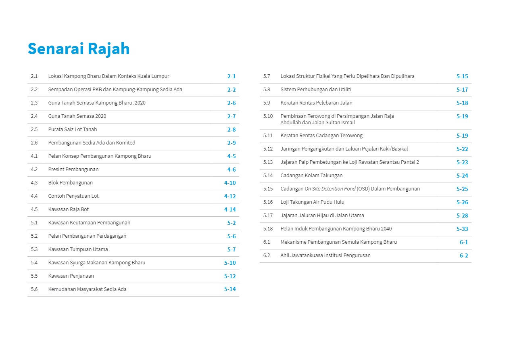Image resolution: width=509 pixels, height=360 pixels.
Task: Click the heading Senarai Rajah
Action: [79, 49]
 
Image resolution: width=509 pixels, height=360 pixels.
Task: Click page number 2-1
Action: [232, 76]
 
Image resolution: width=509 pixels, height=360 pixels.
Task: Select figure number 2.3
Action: [34, 103]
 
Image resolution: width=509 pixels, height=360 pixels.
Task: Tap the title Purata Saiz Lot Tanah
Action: [73, 130]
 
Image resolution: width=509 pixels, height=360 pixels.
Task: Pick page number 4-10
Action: [230, 183]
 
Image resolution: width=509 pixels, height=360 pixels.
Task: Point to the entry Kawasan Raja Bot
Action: [69, 209]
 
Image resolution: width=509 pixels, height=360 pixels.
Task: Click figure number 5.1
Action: [34, 223]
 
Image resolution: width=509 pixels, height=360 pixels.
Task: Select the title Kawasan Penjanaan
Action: [71, 276]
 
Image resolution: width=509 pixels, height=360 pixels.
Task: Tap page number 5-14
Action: [230, 289]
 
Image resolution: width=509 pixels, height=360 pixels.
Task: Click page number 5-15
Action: [462, 76]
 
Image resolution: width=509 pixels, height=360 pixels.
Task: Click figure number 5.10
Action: [268, 116]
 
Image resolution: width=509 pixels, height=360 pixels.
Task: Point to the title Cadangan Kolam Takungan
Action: [311, 176]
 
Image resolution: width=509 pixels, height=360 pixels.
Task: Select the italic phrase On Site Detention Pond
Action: [330, 189]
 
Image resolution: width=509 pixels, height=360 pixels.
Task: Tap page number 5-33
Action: [462, 229]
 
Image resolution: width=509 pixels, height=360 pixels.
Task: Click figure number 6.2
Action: [267, 255]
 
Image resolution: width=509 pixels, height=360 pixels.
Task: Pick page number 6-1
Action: [464, 242]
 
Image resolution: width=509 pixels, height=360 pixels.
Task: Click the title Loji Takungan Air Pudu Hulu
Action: [312, 202]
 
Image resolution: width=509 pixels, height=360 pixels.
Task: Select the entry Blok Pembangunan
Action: [71, 183]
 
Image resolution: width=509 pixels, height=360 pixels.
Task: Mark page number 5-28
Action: [462, 216]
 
